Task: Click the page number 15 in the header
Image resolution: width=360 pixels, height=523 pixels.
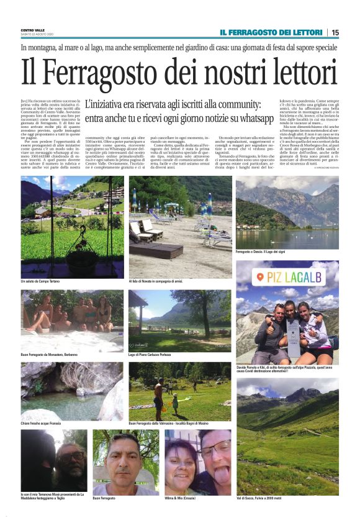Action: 335,32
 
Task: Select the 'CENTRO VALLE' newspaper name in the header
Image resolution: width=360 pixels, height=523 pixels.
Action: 32,29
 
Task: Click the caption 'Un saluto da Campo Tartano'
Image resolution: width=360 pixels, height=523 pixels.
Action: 40,281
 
